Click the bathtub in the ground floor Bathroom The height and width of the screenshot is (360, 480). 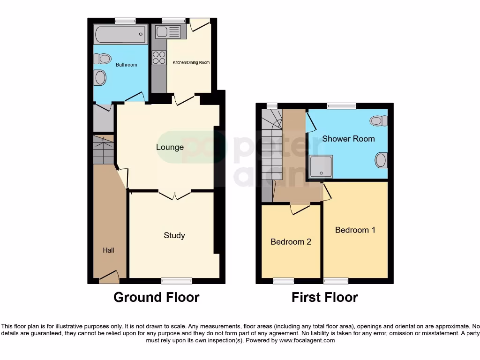click(x=121, y=35)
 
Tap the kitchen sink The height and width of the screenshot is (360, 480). click(x=168, y=32)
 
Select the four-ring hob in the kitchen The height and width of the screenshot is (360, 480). click(x=159, y=57)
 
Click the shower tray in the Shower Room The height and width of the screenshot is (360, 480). click(x=321, y=166)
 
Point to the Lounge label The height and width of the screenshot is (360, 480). click(x=170, y=147)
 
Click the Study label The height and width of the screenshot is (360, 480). click(x=174, y=235)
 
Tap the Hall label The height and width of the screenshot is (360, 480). click(x=108, y=250)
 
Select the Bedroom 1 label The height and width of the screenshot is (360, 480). click(x=355, y=230)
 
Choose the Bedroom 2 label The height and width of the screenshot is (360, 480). click(x=291, y=242)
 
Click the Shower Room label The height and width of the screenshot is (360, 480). click(x=348, y=139)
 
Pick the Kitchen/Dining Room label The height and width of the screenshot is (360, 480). click(x=191, y=62)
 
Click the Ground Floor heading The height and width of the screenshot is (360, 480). click(x=157, y=297)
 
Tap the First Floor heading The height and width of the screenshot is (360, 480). click(x=324, y=297)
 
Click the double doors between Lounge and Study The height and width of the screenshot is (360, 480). click(x=174, y=195)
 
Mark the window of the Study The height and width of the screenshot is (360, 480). click(x=177, y=280)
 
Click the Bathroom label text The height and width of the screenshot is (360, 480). click(x=127, y=65)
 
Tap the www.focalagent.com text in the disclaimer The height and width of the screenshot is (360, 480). click(x=307, y=341)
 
